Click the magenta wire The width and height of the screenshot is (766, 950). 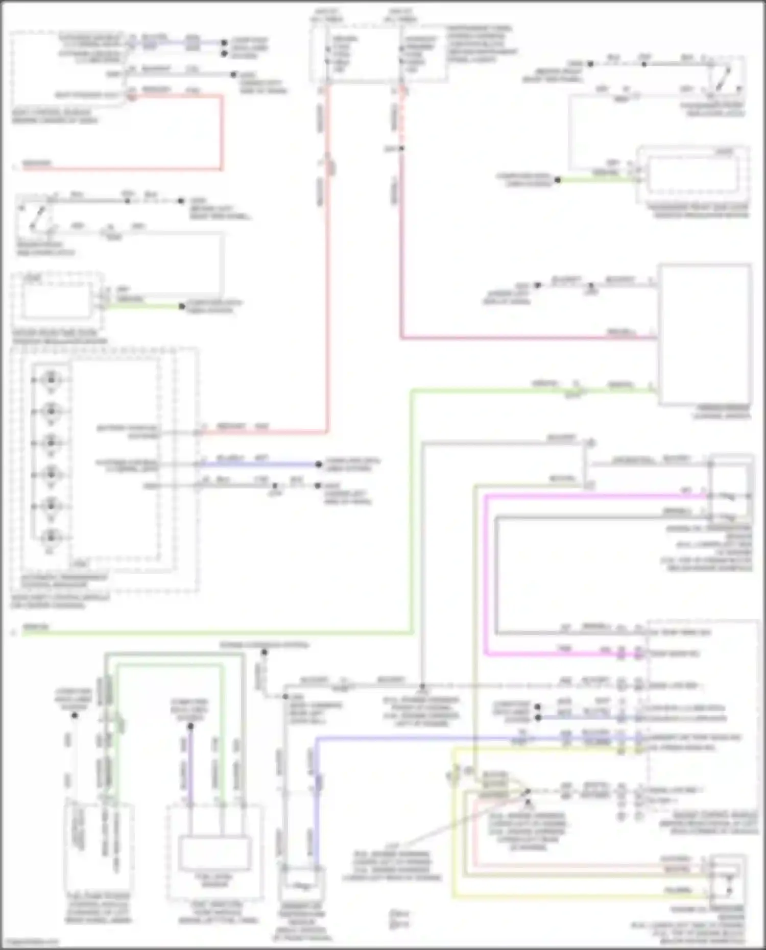[486, 572]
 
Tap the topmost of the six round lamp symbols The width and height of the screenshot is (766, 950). [51, 380]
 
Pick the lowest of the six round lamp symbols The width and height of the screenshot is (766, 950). [51, 537]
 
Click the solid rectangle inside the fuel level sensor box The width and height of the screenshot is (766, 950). [214, 853]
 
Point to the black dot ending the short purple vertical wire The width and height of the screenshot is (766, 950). [190, 727]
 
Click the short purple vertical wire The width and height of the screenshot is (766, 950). [190, 766]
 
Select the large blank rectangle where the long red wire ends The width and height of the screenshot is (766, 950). [705, 334]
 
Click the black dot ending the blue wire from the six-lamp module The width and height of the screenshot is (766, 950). [318, 464]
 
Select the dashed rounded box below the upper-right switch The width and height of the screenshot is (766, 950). [693, 175]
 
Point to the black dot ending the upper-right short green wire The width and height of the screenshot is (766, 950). [558, 180]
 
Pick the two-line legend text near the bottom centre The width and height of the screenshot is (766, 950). [398, 918]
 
